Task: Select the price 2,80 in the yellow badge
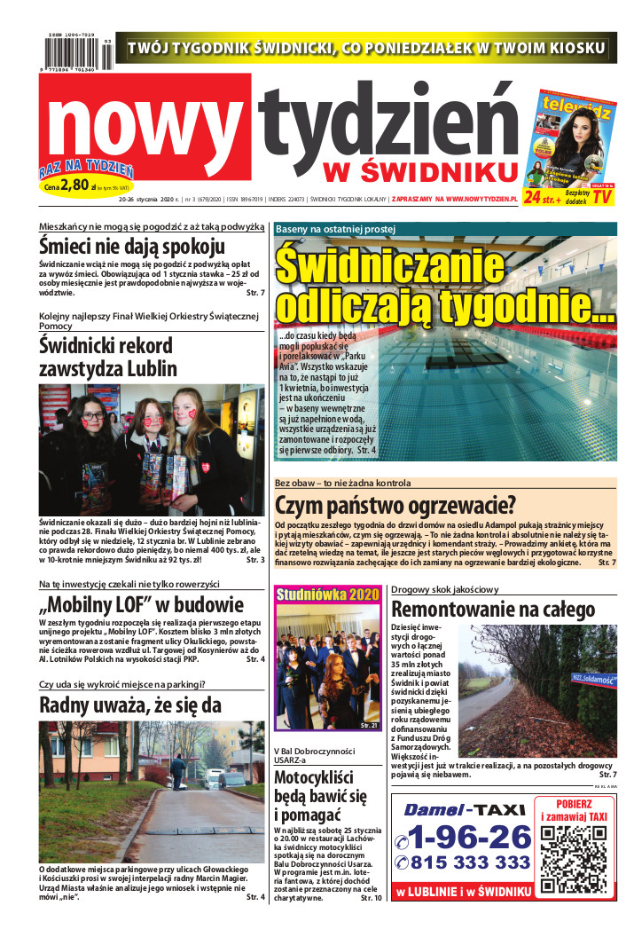78,185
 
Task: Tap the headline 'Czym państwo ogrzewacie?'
395,507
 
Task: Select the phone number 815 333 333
471,862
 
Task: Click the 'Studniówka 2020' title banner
327,594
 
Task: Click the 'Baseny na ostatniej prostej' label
335,229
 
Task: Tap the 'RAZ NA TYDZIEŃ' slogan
86,169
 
